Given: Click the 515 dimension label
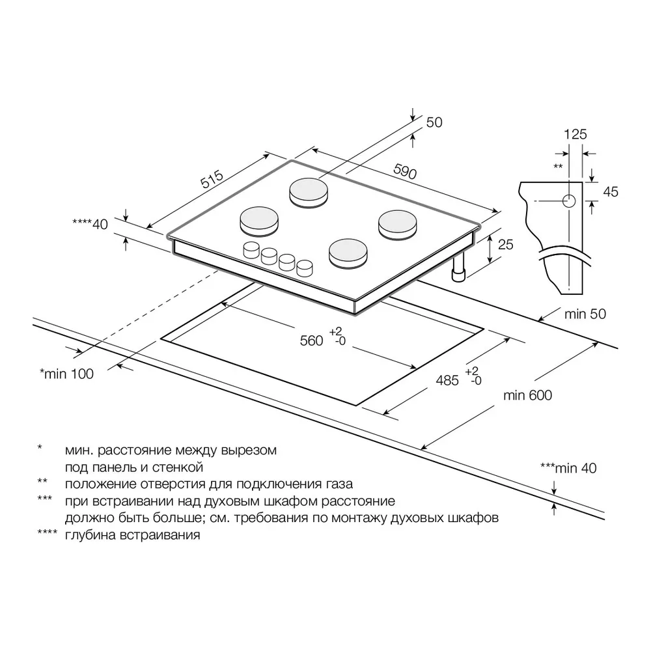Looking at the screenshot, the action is [x=212, y=180].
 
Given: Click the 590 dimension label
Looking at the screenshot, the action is [x=405, y=171].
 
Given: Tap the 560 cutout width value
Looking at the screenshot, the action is [x=311, y=341].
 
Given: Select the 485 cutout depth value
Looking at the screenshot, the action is [x=447, y=380].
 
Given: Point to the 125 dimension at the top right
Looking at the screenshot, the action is [x=575, y=134].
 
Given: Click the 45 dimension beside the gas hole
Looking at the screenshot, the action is [x=611, y=192].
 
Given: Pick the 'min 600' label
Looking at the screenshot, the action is [x=528, y=395].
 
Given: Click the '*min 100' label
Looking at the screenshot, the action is [x=66, y=374].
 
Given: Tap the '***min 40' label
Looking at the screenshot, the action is [x=568, y=468].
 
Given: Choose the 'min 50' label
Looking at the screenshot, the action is [x=585, y=314].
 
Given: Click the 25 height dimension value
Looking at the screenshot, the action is [x=505, y=245].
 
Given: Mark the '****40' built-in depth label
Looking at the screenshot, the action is [x=90, y=224].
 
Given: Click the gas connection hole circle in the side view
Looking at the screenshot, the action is [x=569, y=201].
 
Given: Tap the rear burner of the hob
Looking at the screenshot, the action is [x=309, y=193].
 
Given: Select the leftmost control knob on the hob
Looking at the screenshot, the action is [x=251, y=250].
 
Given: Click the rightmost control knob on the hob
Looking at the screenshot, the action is [x=305, y=268].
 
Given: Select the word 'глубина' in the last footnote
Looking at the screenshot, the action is [x=90, y=534].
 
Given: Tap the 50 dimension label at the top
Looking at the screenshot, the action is [x=434, y=122].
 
